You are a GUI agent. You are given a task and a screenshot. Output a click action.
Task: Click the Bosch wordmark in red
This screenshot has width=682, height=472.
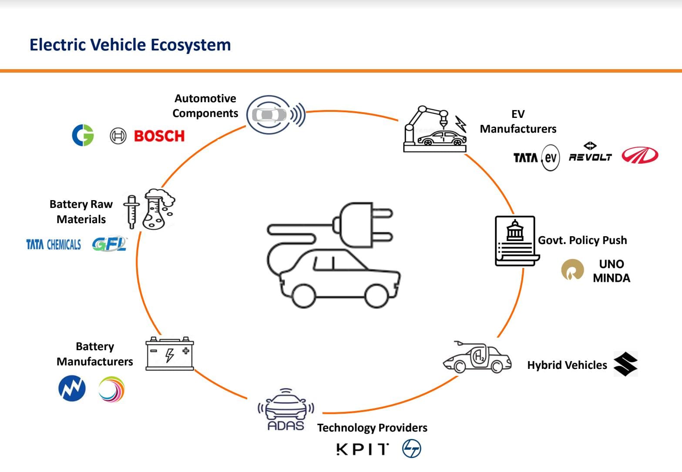click(159, 136)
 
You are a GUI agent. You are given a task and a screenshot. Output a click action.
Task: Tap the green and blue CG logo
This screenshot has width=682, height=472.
click(83, 135)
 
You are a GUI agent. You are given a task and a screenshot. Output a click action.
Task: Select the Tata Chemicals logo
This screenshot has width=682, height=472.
click(54, 244)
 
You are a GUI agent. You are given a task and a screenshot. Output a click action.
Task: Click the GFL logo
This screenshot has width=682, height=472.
click(109, 244)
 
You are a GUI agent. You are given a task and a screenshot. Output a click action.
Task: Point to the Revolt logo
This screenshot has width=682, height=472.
click(590, 153)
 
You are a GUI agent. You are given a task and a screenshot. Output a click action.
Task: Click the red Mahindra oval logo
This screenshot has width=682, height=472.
click(640, 155)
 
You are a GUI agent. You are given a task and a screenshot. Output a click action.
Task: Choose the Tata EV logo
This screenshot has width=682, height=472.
click(536, 157)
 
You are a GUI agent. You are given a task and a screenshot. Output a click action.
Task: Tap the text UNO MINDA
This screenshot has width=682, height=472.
click(611, 271)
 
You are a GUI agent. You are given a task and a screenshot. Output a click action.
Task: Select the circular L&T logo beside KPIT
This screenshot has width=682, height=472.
click(412, 449)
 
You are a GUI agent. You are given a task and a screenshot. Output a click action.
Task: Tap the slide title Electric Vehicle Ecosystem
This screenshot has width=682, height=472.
click(130, 45)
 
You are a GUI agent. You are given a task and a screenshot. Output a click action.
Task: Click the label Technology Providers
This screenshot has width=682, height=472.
click(372, 428)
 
